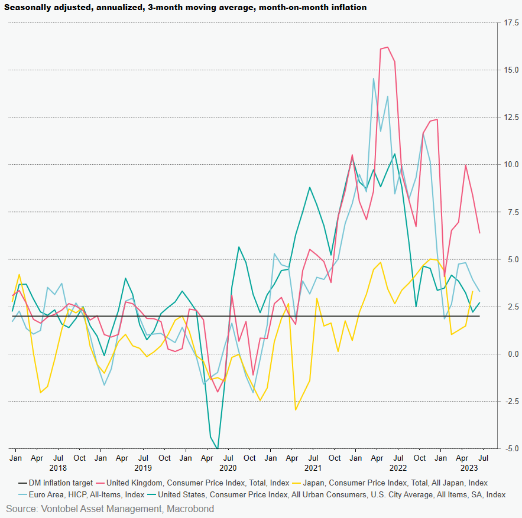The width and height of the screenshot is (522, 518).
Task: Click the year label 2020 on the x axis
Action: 228,468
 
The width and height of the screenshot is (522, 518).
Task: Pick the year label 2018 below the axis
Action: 58,468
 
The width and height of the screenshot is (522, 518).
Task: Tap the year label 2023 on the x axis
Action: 469,468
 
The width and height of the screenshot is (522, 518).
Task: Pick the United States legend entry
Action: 332,494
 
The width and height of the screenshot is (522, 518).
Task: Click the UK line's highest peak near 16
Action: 387,47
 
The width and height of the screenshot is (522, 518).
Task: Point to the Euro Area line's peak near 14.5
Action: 373,79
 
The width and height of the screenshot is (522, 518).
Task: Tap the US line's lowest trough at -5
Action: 218,448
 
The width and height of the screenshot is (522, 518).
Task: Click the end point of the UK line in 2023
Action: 479,233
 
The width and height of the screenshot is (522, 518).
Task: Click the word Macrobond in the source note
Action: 190,509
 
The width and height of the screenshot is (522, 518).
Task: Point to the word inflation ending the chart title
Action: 346,8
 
